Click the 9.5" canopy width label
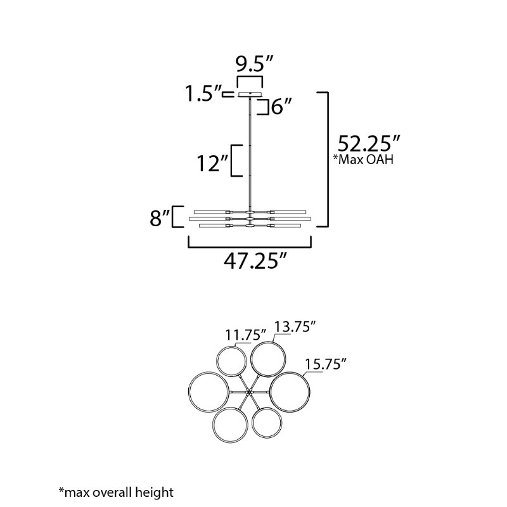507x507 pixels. click(x=255, y=64)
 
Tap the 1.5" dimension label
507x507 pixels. click(x=203, y=94)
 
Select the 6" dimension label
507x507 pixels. click(x=281, y=106)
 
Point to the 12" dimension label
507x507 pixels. click(x=213, y=164)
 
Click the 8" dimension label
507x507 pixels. click(x=160, y=218)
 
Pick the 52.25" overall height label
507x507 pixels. click(x=369, y=144)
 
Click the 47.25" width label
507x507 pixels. click(x=255, y=261)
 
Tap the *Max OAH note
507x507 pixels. click(x=363, y=160)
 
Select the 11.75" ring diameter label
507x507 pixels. click(x=245, y=335)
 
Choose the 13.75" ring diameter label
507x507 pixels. click(x=295, y=326)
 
